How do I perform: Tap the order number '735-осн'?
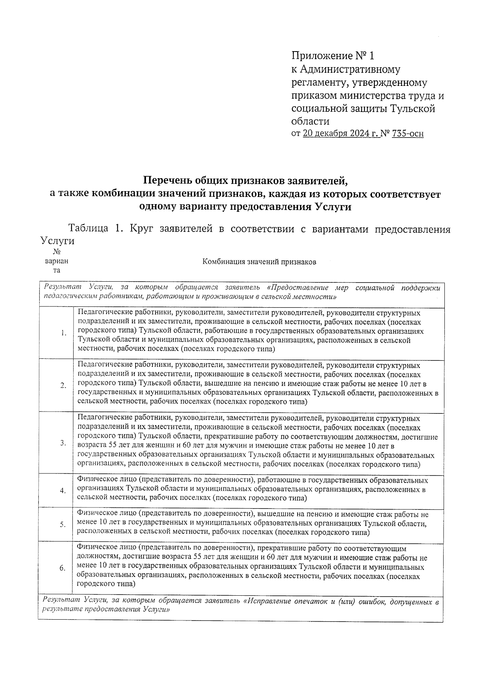coord(408,133)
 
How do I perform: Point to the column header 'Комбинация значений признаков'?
coord(259,262)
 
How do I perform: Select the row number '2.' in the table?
coord(63,386)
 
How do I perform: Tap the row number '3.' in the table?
coord(63,443)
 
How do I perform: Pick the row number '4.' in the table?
coord(63,491)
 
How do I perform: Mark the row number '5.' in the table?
coord(63,525)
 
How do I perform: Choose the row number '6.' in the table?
coord(62,568)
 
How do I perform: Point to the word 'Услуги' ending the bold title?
coord(333,207)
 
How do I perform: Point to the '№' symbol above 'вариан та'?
coord(57,252)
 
